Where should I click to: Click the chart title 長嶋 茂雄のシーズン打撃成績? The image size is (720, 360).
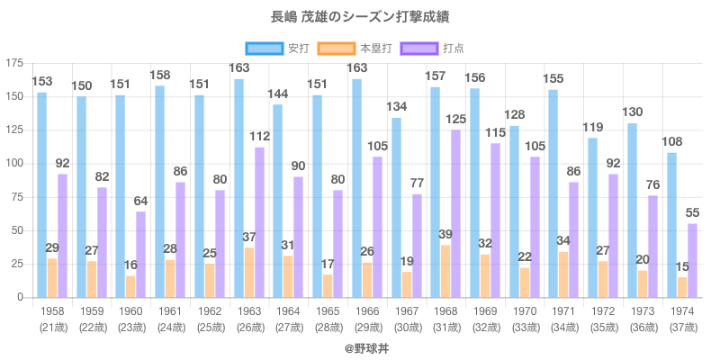(x=360, y=16)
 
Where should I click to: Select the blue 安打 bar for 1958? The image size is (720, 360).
(x=42, y=194)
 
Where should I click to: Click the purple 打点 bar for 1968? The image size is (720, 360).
(x=456, y=213)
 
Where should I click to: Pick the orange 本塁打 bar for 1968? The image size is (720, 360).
(x=445, y=271)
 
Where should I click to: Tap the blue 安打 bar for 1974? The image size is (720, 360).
(x=672, y=225)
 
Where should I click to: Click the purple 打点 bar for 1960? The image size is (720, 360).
(x=141, y=254)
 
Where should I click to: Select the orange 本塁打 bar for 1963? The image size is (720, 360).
(x=249, y=272)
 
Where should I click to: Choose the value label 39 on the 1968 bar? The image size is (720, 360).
(x=445, y=234)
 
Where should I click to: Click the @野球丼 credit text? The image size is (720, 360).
(x=360, y=346)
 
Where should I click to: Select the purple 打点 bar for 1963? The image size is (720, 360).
(x=259, y=222)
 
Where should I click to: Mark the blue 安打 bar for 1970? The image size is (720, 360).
(x=514, y=211)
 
